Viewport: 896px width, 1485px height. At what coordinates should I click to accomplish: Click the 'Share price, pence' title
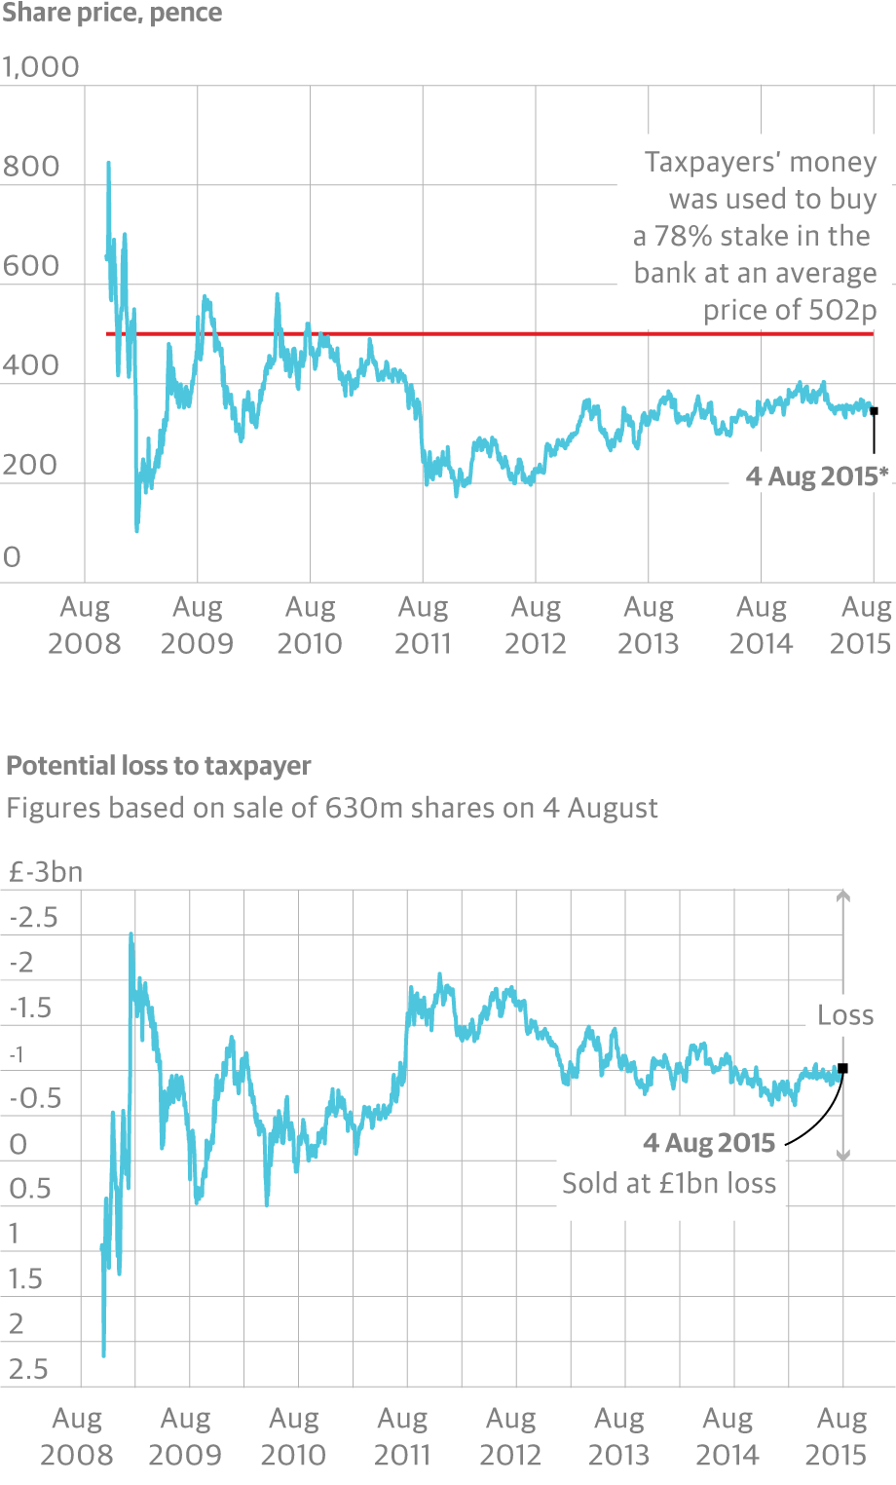pos(112,14)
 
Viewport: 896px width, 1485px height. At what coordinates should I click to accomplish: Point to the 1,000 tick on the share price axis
pos(41,67)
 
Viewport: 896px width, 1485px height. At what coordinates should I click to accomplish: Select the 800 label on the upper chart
pos(31,167)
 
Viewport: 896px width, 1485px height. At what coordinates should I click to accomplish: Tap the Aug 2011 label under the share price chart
pos(423,625)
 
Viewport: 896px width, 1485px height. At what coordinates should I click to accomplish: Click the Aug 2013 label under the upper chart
pos(649,625)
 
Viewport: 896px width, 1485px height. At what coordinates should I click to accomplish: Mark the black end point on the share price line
pos(874,411)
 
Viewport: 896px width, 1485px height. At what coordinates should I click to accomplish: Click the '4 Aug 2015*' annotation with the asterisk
pos(817,476)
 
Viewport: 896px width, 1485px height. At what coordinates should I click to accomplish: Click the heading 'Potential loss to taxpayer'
pos(159,766)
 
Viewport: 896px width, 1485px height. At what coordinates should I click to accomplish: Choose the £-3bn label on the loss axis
pos(46,872)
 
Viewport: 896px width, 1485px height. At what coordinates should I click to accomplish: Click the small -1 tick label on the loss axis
pos(16,1054)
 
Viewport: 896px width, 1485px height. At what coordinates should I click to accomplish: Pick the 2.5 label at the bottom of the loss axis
pos(28,1369)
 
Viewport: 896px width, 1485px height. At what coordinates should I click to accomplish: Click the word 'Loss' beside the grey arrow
pos(845,1015)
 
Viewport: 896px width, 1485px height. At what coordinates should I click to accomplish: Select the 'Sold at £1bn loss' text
pos(669,1183)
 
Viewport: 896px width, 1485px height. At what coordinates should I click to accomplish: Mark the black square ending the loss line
pos(843,1068)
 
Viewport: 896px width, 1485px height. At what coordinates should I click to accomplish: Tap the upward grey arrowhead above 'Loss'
pos(843,895)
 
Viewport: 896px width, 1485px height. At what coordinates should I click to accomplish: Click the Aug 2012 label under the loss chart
pos(510,1436)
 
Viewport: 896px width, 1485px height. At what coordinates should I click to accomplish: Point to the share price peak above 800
pos(108,164)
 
